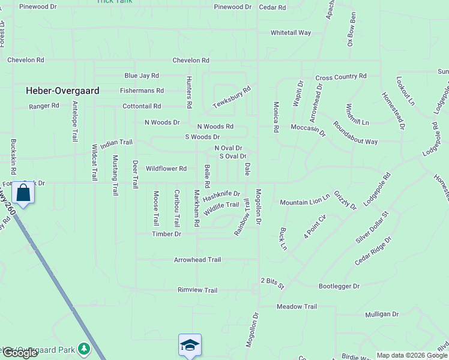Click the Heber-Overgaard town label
coord(62,91)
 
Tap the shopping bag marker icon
coord(23,193)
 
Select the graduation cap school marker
coord(190,345)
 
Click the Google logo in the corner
coord(20,353)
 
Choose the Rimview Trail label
coord(197,290)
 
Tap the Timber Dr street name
coord(166,234)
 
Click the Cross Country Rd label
coord(340,77)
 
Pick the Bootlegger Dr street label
coord(339,287)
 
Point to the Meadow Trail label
coord(297,307)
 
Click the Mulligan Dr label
coord(382,314)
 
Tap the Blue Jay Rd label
coord(142,76)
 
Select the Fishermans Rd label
coord(142,91)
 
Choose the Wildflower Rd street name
coord(166,169)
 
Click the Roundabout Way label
coord(355,133)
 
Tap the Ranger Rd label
coord(44,106)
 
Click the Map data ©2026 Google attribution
coord(412,355)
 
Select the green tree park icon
coord(85,348)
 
